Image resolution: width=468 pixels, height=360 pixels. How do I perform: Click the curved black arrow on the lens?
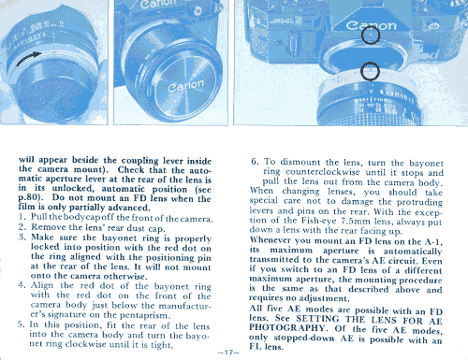tap(27, 57)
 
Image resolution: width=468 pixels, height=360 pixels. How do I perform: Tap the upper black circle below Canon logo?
tap(371, 35)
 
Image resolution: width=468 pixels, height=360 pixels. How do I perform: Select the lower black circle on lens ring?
tap(370, 71)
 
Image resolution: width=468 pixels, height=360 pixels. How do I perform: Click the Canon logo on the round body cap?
tap(185, 86)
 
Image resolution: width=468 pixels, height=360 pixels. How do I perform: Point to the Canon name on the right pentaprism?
tap(371, 25)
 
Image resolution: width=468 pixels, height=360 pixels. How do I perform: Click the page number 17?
tap(228, 353)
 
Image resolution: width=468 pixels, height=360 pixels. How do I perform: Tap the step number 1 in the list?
tap(21, 217)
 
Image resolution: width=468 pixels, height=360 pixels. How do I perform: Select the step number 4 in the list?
tap(22, 285)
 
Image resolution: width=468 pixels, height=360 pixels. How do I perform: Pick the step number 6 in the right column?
tap(255, 162)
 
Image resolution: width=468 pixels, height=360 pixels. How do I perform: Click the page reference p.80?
tap(30, 198)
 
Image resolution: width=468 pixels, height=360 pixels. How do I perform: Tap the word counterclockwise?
tap(323, 172)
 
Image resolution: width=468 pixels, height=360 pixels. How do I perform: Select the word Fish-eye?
tap(319, 221)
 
